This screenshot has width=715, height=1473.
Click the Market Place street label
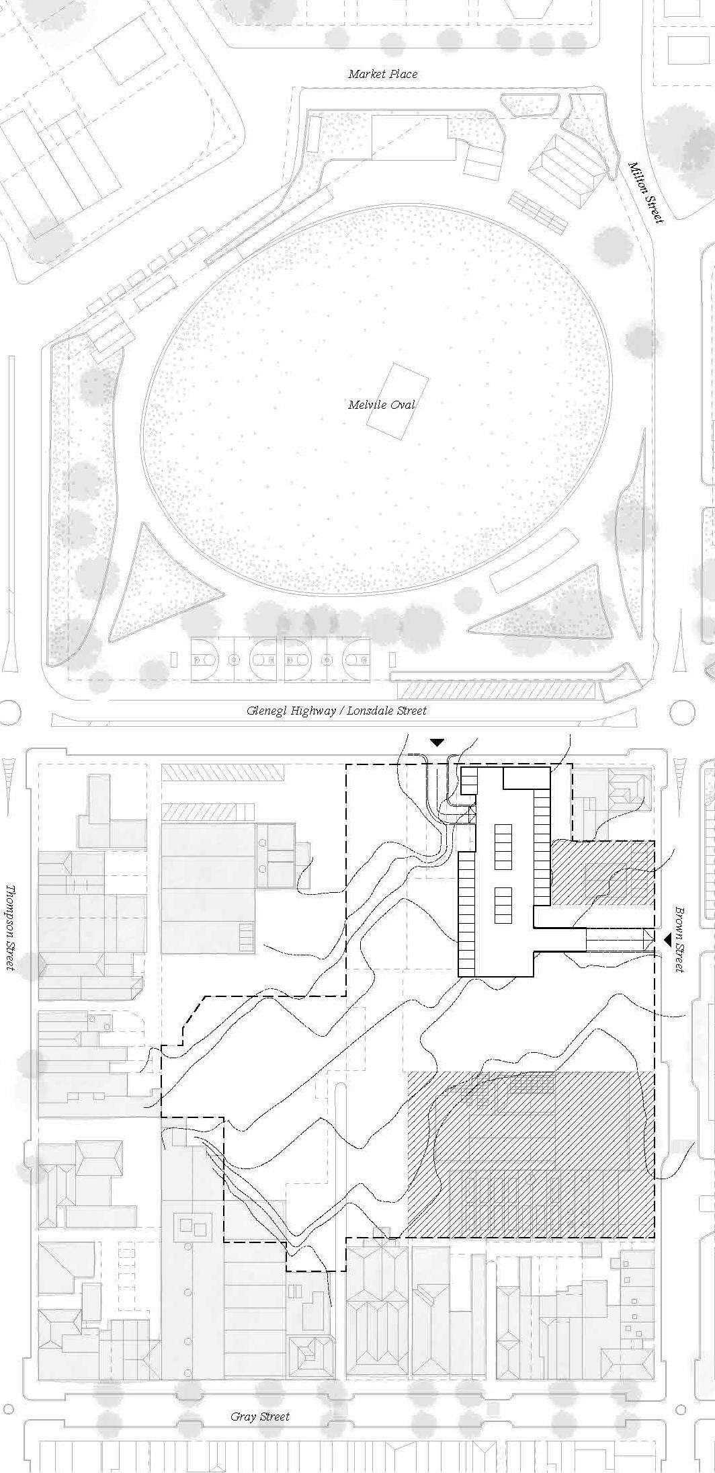point(382,74)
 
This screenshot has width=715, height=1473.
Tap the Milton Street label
point(646,192)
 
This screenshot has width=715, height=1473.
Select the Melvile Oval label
point(382,405)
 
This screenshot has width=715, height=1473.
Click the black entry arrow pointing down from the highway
point(437,742)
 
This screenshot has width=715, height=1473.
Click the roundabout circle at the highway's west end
point(9,712)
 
